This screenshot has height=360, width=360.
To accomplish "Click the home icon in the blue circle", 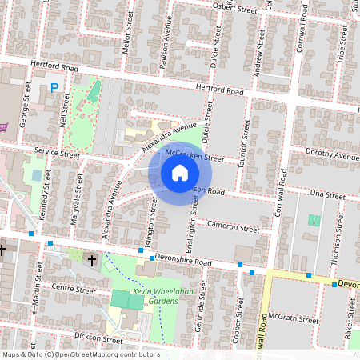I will (180, 172).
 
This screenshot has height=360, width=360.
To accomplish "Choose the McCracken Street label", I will (194, 154).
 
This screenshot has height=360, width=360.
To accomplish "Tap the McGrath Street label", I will (295, 319).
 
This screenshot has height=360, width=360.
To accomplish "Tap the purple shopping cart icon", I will (6, 126).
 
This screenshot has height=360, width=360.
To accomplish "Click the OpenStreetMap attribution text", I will (80, 354).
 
